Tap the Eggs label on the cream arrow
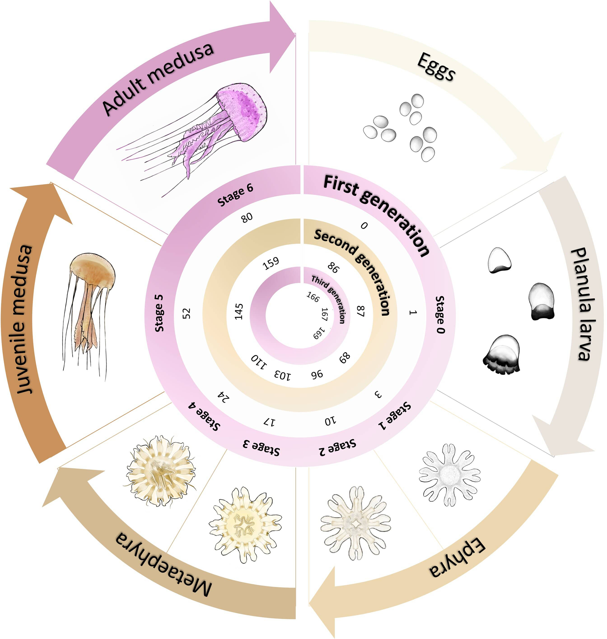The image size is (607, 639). (436, 66)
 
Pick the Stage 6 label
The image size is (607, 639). (235, 195)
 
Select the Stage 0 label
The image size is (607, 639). (440, 314)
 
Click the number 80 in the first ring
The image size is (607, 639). (247, 217)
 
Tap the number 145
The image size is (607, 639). (239, 311)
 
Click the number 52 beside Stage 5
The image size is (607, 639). (187, 313)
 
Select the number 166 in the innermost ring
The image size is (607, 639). (313, 296)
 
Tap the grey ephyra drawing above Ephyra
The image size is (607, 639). (449, 475)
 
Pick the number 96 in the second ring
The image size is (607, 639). (317, 374)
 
